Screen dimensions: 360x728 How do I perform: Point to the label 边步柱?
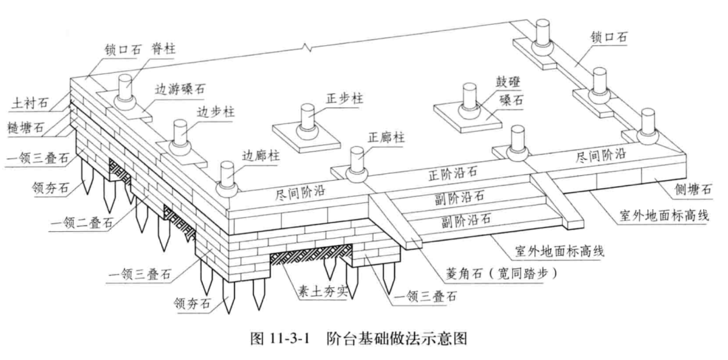(213, 111)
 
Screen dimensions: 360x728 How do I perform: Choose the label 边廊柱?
(261, 155)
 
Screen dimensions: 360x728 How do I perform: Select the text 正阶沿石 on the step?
(454, 173)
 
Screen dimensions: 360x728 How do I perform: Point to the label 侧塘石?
(689, 191)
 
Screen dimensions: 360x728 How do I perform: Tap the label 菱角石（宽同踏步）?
(495, 274)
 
